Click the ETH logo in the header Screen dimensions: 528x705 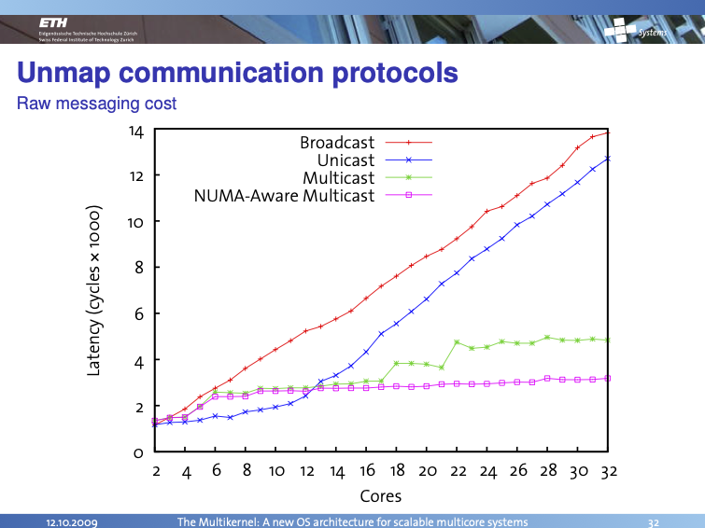56,21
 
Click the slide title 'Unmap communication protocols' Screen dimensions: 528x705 237,73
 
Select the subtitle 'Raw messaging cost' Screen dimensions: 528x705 96,104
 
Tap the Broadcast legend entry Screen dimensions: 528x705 337,143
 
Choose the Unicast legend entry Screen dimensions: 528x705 346,160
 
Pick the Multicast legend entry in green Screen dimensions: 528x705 338,178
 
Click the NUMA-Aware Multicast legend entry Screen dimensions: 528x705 284,196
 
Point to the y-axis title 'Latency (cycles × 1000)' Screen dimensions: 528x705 93,291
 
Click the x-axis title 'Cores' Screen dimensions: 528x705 380,497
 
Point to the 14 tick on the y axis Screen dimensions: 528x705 136,132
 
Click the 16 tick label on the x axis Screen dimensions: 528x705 367,471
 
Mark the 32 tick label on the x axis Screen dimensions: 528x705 609,471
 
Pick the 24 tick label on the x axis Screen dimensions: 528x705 488,471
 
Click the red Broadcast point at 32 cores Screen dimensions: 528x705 608,132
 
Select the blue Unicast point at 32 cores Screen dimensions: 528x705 608,159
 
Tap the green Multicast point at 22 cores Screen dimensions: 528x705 457,342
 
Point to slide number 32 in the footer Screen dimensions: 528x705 654,521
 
